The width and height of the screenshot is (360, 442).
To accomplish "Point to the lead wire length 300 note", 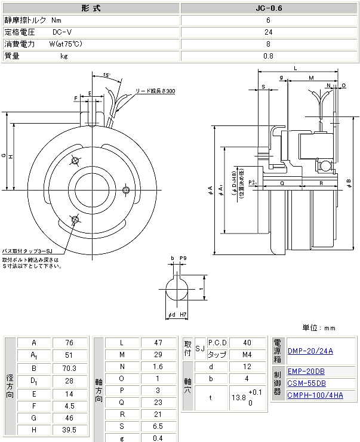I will (x=155, y=91).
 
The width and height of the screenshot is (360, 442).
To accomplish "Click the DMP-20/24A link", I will (x=310, y=351).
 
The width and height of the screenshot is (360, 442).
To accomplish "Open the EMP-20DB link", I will (x=306, y=372).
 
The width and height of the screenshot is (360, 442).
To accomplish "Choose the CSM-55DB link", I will (x=306, y=383).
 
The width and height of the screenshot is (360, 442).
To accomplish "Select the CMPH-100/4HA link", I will (x=315, y=394).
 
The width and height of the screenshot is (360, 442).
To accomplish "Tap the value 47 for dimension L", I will (x=158, y=343).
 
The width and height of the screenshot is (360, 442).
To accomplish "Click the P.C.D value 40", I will (x=248, y=343).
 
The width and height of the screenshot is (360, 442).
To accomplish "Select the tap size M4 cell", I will (x=248, y=355).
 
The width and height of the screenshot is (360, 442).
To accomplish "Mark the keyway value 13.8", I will (x=239, y=396).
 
